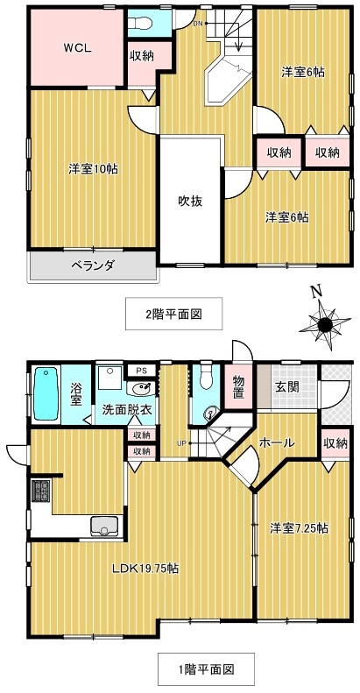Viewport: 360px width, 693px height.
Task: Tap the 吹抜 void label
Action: coord(190,200)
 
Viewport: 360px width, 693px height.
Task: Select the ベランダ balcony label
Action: coord(93,266)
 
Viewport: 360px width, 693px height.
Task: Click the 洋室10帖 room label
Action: coord(93,168)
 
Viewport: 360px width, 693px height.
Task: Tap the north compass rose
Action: coord(325,325)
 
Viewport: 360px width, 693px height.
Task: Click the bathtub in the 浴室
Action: coord(47,394)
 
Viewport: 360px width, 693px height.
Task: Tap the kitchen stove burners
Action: coord(40,491)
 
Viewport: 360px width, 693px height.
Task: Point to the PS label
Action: coord(141,371)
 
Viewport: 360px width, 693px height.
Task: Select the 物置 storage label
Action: coord(238,386)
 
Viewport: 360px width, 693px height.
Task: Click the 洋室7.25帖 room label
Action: coord(300,528)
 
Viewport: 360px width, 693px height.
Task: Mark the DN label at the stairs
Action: coord(199,23)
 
